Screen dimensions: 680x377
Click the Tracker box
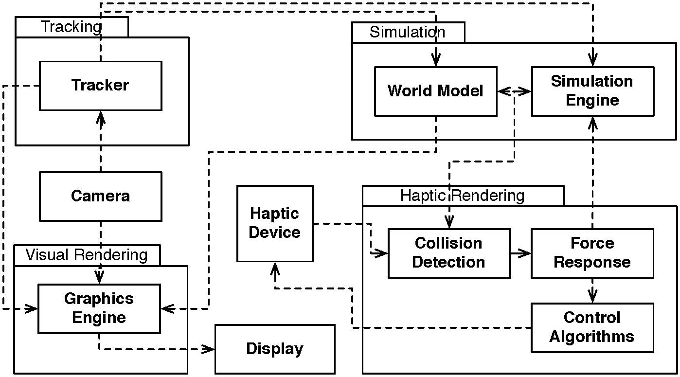click(x=101, y=86)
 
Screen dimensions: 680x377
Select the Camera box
click(x=101, y=197)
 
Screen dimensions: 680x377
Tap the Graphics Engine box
click(x=99, y=309)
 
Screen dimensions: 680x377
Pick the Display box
click(x=275, y=349)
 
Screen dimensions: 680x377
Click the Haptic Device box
click(x=275, y=223)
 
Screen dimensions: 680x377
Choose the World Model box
click(x=436, y=91)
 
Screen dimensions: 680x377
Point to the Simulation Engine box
click(x=592, y=91)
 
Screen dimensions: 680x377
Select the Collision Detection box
click(x=449, y=253)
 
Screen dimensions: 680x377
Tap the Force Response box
click(x=592, y=253)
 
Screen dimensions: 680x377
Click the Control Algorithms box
click(x=592, y=328)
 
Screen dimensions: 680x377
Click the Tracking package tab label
click(x=72, y=27)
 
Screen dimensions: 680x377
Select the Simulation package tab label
click(x=408, y=32)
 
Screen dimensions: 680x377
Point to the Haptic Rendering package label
click(x=463, y=196)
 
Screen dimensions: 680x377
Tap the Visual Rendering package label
click(x=87, y=255)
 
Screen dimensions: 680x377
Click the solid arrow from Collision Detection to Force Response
click(x=521, y=253)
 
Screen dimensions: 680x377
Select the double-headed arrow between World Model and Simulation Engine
click(x=514, y=91)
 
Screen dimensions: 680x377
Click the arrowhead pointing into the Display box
click(x=208, y=349)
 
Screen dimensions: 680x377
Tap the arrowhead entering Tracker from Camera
click(x=101, y=118)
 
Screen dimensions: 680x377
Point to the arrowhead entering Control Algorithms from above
click(x=592, y=296)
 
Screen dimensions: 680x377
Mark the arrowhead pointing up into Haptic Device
click(x=275, y=269)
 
